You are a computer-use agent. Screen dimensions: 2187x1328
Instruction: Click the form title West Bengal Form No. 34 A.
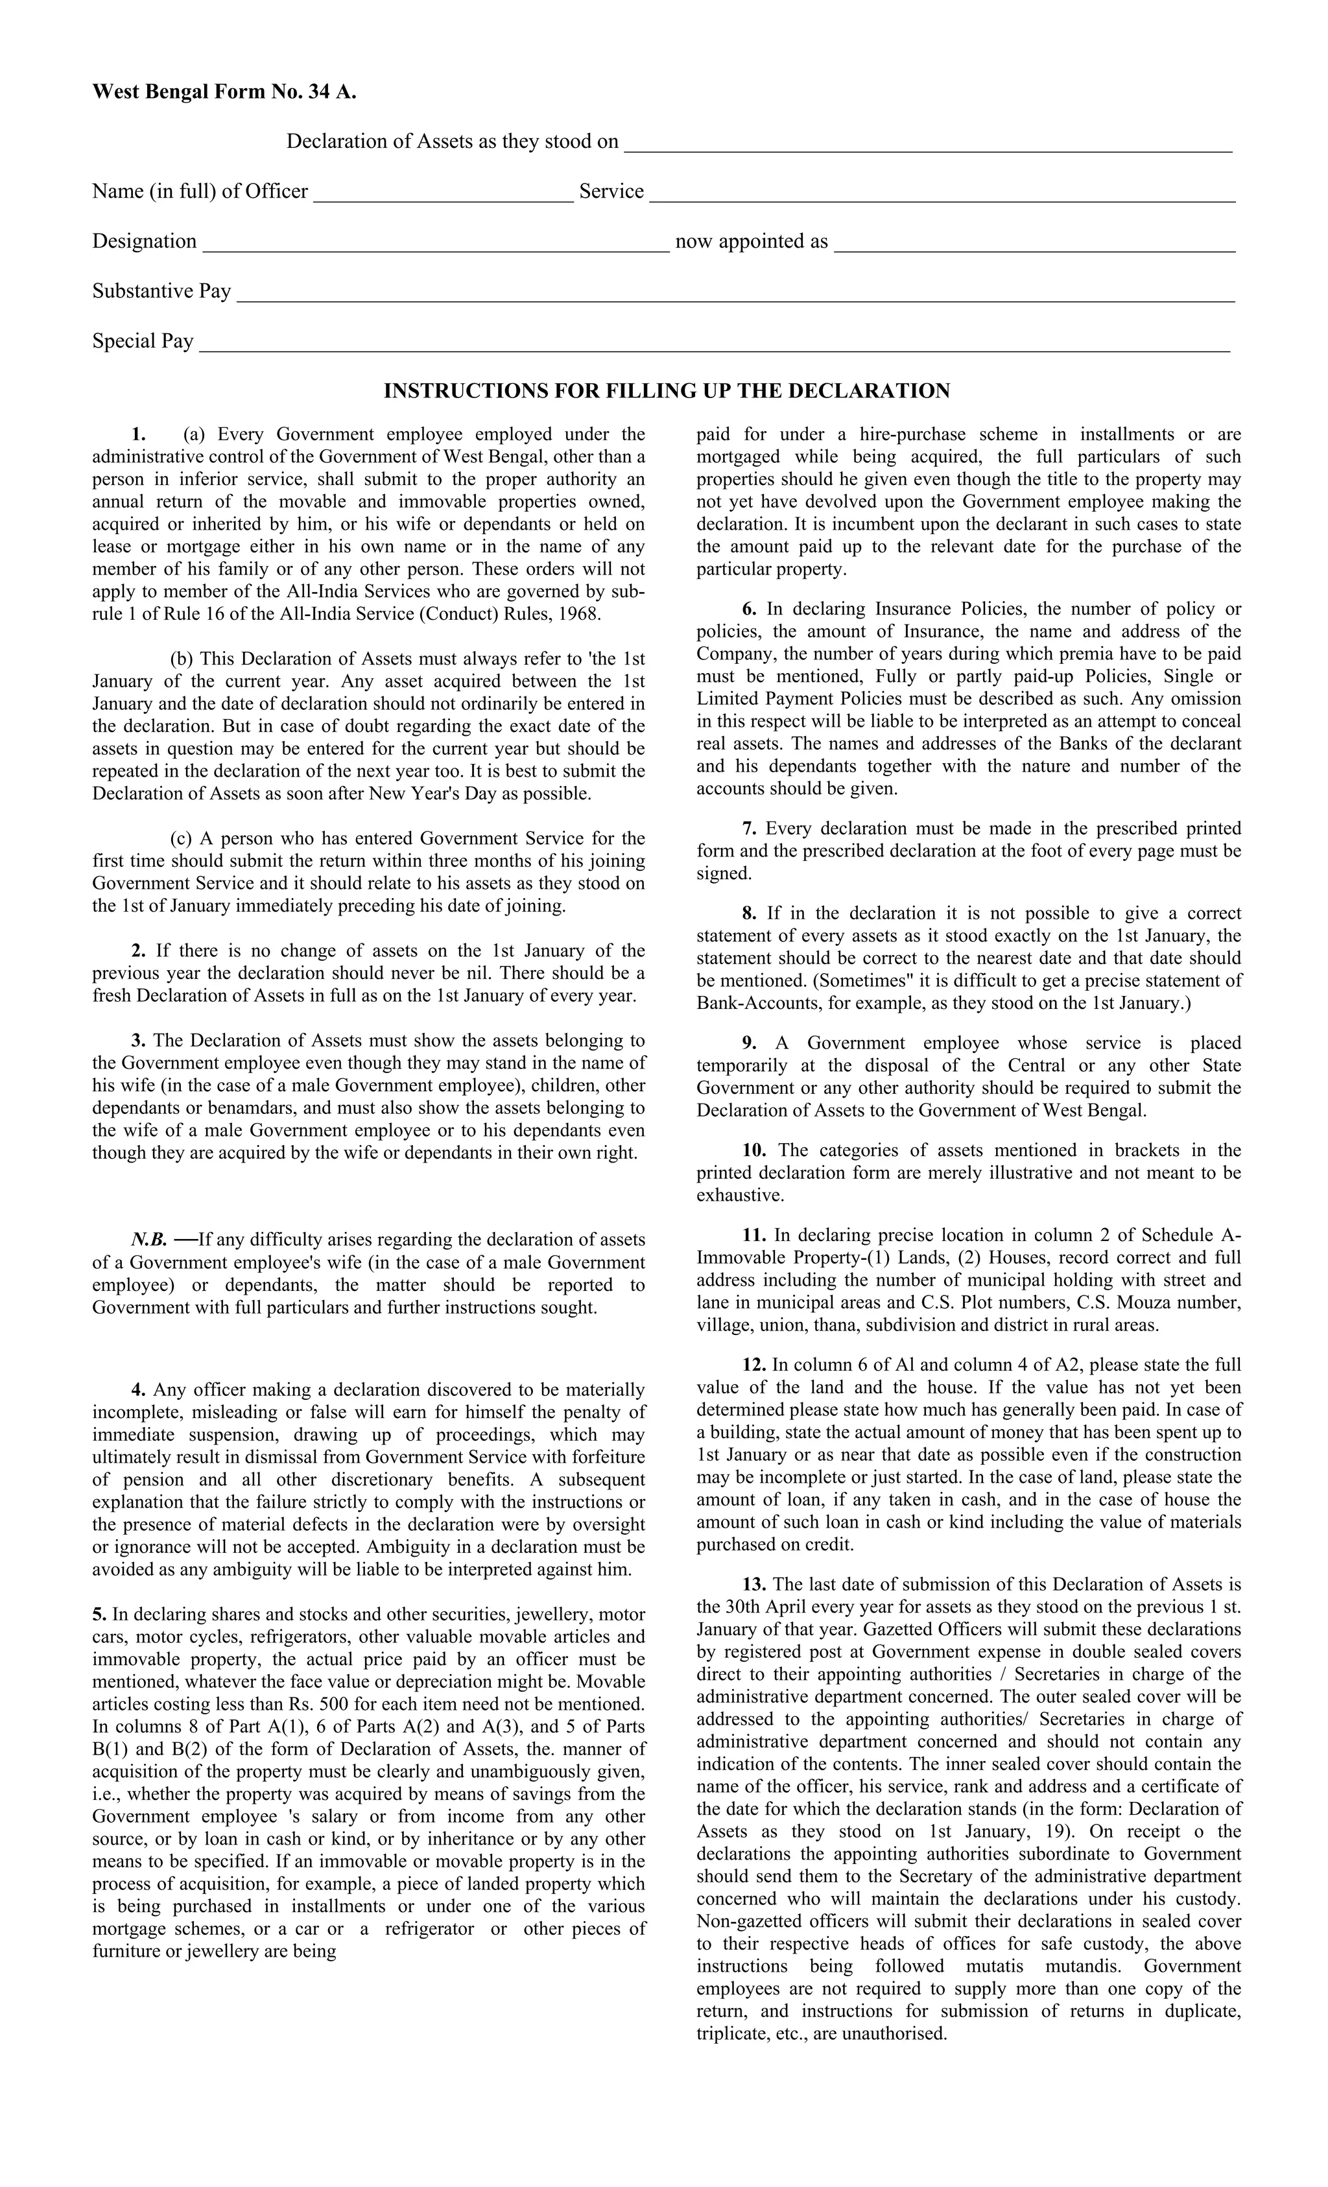pyautogui.click(x=224, y=91)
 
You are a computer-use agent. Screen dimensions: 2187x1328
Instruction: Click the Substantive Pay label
pyautogui.click(x=161, y=291)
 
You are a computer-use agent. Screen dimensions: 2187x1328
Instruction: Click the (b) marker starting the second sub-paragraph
pyautogui.click(x=182, y=659)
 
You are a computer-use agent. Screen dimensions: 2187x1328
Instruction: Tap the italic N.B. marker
pyautogui.click(x=149, y=1240)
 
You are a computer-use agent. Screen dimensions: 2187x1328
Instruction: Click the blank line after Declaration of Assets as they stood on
pyautogui.click(x=928, y=147)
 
